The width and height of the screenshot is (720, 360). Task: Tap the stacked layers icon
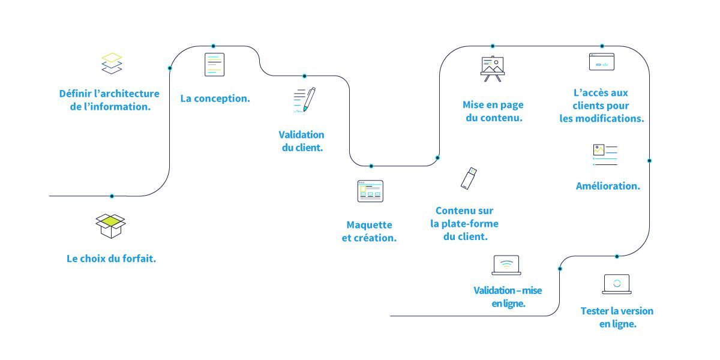point(112,64)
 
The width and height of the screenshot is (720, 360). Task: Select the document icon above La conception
point(214,65)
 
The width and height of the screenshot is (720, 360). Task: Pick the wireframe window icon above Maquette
point(370,191)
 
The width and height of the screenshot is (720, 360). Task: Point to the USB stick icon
point(469,178)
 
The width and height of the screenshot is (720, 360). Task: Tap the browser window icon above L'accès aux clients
point(601,62)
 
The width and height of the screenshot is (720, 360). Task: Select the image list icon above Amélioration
point(605,154)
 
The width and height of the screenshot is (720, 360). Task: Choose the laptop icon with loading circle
point(616,284)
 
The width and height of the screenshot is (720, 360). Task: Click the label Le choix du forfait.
point(111,259)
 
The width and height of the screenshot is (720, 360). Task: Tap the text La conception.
point(215,98)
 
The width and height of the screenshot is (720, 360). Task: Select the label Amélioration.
point(608,186)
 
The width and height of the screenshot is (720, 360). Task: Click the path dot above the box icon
point(112,196)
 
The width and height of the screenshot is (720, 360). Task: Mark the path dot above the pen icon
point(304,76)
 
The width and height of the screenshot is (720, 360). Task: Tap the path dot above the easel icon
point(493,46)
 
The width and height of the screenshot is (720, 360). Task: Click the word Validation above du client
point(302,134)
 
